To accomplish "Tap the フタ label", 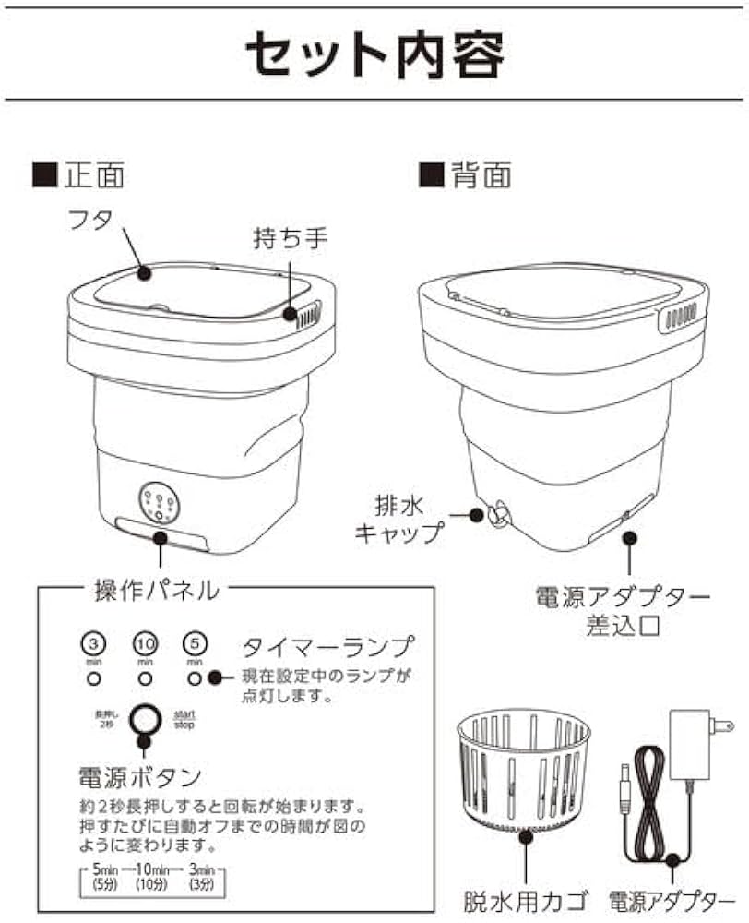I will pos(90,222).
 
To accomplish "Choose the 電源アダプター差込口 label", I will pos(623,612).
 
